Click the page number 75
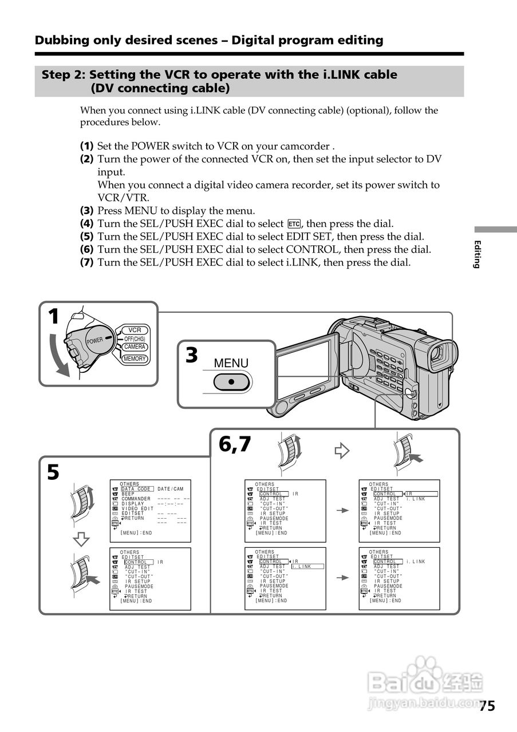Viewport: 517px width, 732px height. tap(487, 706)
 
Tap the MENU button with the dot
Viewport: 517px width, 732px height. tap(232, 381)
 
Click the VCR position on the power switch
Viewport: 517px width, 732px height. tap(135, 330)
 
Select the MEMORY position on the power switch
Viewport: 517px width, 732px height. tap(134, 359)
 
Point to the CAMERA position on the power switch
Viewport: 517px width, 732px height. tap(135, 347)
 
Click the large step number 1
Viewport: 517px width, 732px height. tap(53, 316)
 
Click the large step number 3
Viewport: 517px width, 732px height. tap(191, 355)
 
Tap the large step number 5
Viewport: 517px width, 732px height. tap(53, 472)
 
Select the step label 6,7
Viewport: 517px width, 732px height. tap(235, 444)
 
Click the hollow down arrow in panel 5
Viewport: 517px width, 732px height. tap(82, 539)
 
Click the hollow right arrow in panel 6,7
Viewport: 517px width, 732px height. tap(342, 451)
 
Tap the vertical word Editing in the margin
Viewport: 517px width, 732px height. tap(477, 254)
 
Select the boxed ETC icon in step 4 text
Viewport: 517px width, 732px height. tap(294, 224)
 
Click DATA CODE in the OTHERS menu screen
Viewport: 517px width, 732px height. tap(136, 489)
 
